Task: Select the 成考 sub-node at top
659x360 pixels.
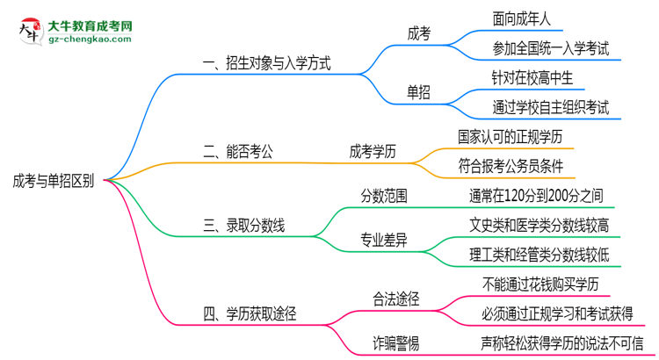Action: click(x=419, y=33)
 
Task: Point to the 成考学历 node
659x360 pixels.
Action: click(x=373, y=151)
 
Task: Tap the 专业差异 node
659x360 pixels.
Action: click(x=384, y=238)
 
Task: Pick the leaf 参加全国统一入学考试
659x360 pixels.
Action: click(x=552, y=48)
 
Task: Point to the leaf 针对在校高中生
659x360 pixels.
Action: click(x=532, y=77)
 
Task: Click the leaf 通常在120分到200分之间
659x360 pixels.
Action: click(x=536, y=195)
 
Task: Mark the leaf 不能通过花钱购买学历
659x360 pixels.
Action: click(x=540, y=284)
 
